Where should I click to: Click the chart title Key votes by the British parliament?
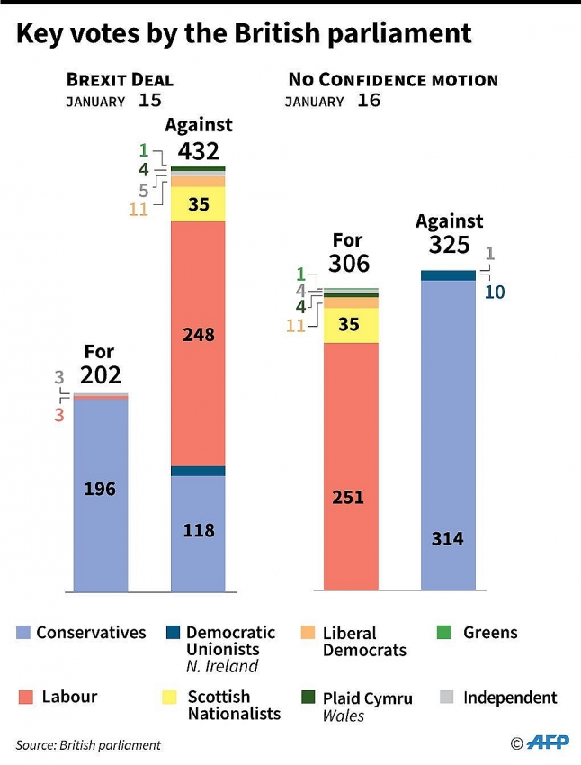click(x=244, y=33)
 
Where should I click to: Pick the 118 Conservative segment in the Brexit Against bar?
click(x=198, y=530)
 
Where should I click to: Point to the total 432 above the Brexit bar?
click(x=198, y=150)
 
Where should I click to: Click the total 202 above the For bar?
click(x=100, y=374)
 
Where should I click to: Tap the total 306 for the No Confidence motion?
click(x=348, y=263)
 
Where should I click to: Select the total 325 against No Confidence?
click(x=449, y=244)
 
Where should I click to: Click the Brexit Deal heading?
click(x=119, y=80)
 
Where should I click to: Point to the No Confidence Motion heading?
click(x=392, y=80)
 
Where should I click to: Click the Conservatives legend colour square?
click(x=24, y=633)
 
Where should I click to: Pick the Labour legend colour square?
click(x=24, y=697)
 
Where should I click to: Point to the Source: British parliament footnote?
click(x=88, y=744)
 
